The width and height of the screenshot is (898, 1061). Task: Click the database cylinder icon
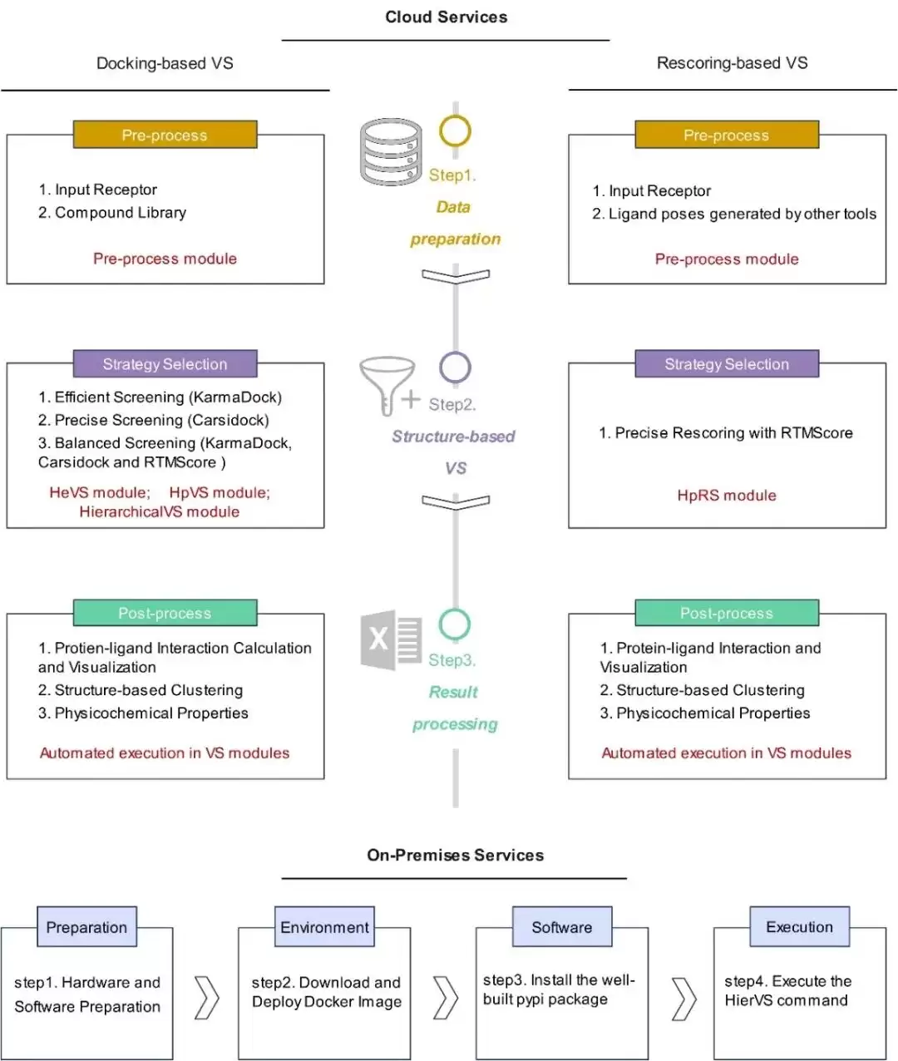point(391,152)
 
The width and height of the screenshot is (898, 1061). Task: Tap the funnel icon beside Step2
point(388,385)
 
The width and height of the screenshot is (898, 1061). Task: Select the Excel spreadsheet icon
point(392,639)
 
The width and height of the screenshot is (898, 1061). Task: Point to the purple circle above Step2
point(455,353)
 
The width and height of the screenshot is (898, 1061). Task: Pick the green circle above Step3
point(454,610)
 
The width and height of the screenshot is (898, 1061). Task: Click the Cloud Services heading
point(447,17)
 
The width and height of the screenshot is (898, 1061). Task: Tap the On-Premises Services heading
point(456,855)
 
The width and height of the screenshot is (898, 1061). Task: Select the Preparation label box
point(86,926)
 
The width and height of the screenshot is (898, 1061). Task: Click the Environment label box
point(324,926)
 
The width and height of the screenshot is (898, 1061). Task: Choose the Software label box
point(562,926)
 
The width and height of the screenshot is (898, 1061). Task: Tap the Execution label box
point(799,926)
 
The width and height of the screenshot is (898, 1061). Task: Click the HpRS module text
point(727,496)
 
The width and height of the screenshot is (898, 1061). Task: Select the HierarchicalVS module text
point(159,511)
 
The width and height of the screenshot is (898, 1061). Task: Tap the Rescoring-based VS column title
point(733,62)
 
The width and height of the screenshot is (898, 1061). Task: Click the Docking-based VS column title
point(165,63)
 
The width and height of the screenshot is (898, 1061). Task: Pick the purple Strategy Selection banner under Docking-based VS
point(165,364)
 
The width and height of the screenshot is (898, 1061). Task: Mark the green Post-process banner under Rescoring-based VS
point(727,613)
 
